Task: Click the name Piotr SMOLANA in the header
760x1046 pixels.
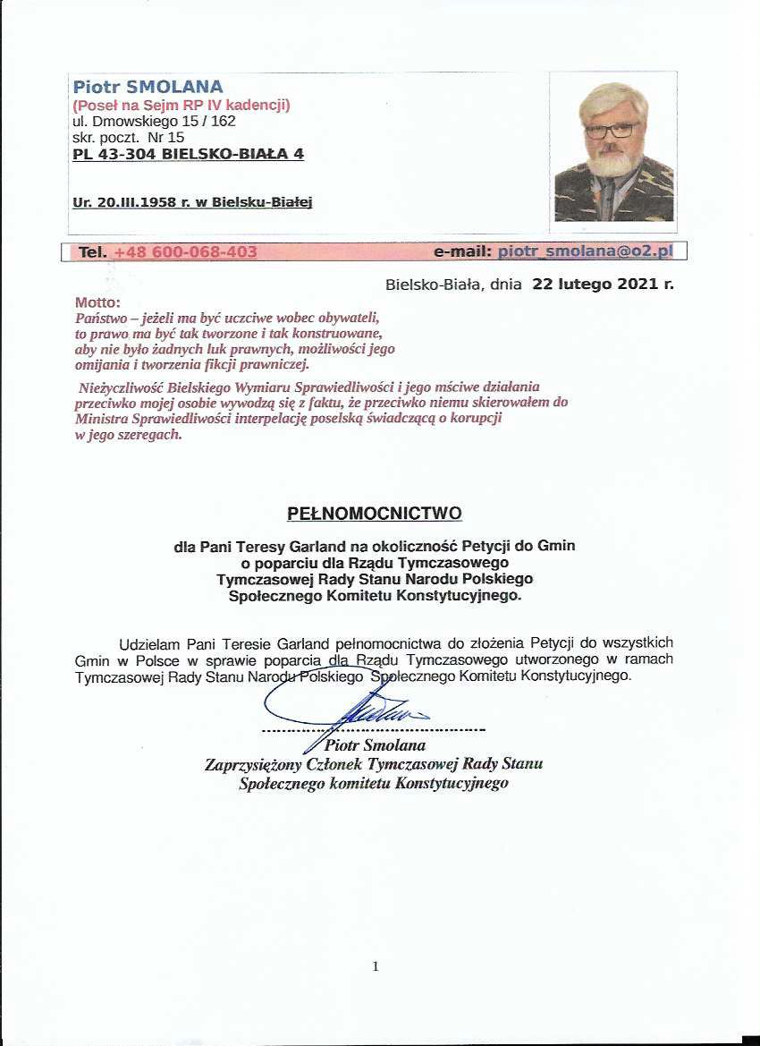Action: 148,88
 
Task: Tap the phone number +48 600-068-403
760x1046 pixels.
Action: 185,252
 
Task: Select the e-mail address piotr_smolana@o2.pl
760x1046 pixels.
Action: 585,252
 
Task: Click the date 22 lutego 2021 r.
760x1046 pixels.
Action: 603,285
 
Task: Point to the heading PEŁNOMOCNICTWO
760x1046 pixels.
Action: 375,514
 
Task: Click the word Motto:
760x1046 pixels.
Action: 97,303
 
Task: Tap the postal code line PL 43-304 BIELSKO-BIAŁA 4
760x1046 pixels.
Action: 188,154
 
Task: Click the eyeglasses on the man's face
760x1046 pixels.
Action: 612,130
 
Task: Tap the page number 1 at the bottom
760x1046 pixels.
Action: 376,966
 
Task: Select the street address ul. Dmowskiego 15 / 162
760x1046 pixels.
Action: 154,122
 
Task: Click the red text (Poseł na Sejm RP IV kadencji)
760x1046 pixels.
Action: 182,106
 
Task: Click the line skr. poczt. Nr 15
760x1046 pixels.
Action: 128,138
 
